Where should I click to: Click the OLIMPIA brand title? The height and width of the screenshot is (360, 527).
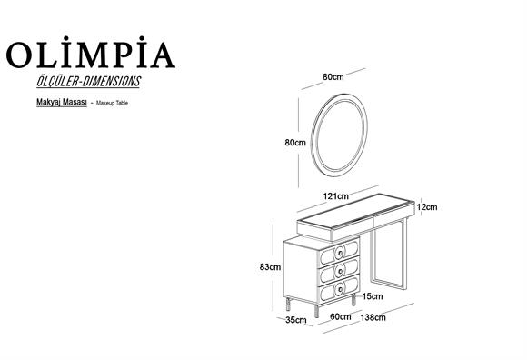(90, 54)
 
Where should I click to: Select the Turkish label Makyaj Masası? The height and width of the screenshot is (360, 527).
(57, 105)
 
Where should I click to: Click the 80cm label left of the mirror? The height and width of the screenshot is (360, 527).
(294, 143)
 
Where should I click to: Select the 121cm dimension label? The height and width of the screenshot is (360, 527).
(336, 195)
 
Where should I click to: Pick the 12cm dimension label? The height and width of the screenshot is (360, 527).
(427, 207)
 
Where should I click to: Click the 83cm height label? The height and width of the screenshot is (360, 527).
(269, 267)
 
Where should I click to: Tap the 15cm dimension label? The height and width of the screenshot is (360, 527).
(371, 295)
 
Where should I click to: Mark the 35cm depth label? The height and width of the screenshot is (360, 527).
(294, 321)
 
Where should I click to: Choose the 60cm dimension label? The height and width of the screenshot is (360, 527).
(340, 316)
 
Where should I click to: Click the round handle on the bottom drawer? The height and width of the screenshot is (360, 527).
(339, 288)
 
